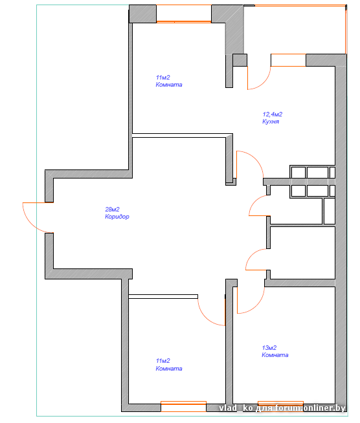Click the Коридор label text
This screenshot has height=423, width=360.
pyautogui.click(x=117, y=217)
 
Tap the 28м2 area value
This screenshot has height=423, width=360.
pyautogui.click(x=112, y=209)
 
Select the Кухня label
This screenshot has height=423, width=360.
pyautogui.click(x=271, y=122)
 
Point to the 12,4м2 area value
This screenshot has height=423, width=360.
pyautogui.click(x=273, y=114)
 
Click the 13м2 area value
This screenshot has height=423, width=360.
pyautogui.click(x=269, y=348)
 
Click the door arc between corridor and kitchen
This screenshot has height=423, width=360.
pyautogui.click(x=256, y=159)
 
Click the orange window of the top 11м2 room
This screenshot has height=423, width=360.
pyautogui.click(x=184, y=21)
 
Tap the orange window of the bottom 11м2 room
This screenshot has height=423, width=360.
pyautogui.click(x=184, y=406)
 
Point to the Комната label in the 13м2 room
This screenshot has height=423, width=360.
pyautogui.click(x=275, y=354)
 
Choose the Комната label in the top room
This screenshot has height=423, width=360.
pyautogui.click(x=169, y=85)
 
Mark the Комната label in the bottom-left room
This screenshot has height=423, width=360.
pyautogui.click(x=169, y=368)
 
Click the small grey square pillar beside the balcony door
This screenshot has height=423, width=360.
pyautogui.click(x=240, y=60)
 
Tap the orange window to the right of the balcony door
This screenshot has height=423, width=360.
pyautogui.click(x=288, y=60)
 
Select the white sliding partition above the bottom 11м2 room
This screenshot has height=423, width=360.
pyautogui.click(x=163, y=296)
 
